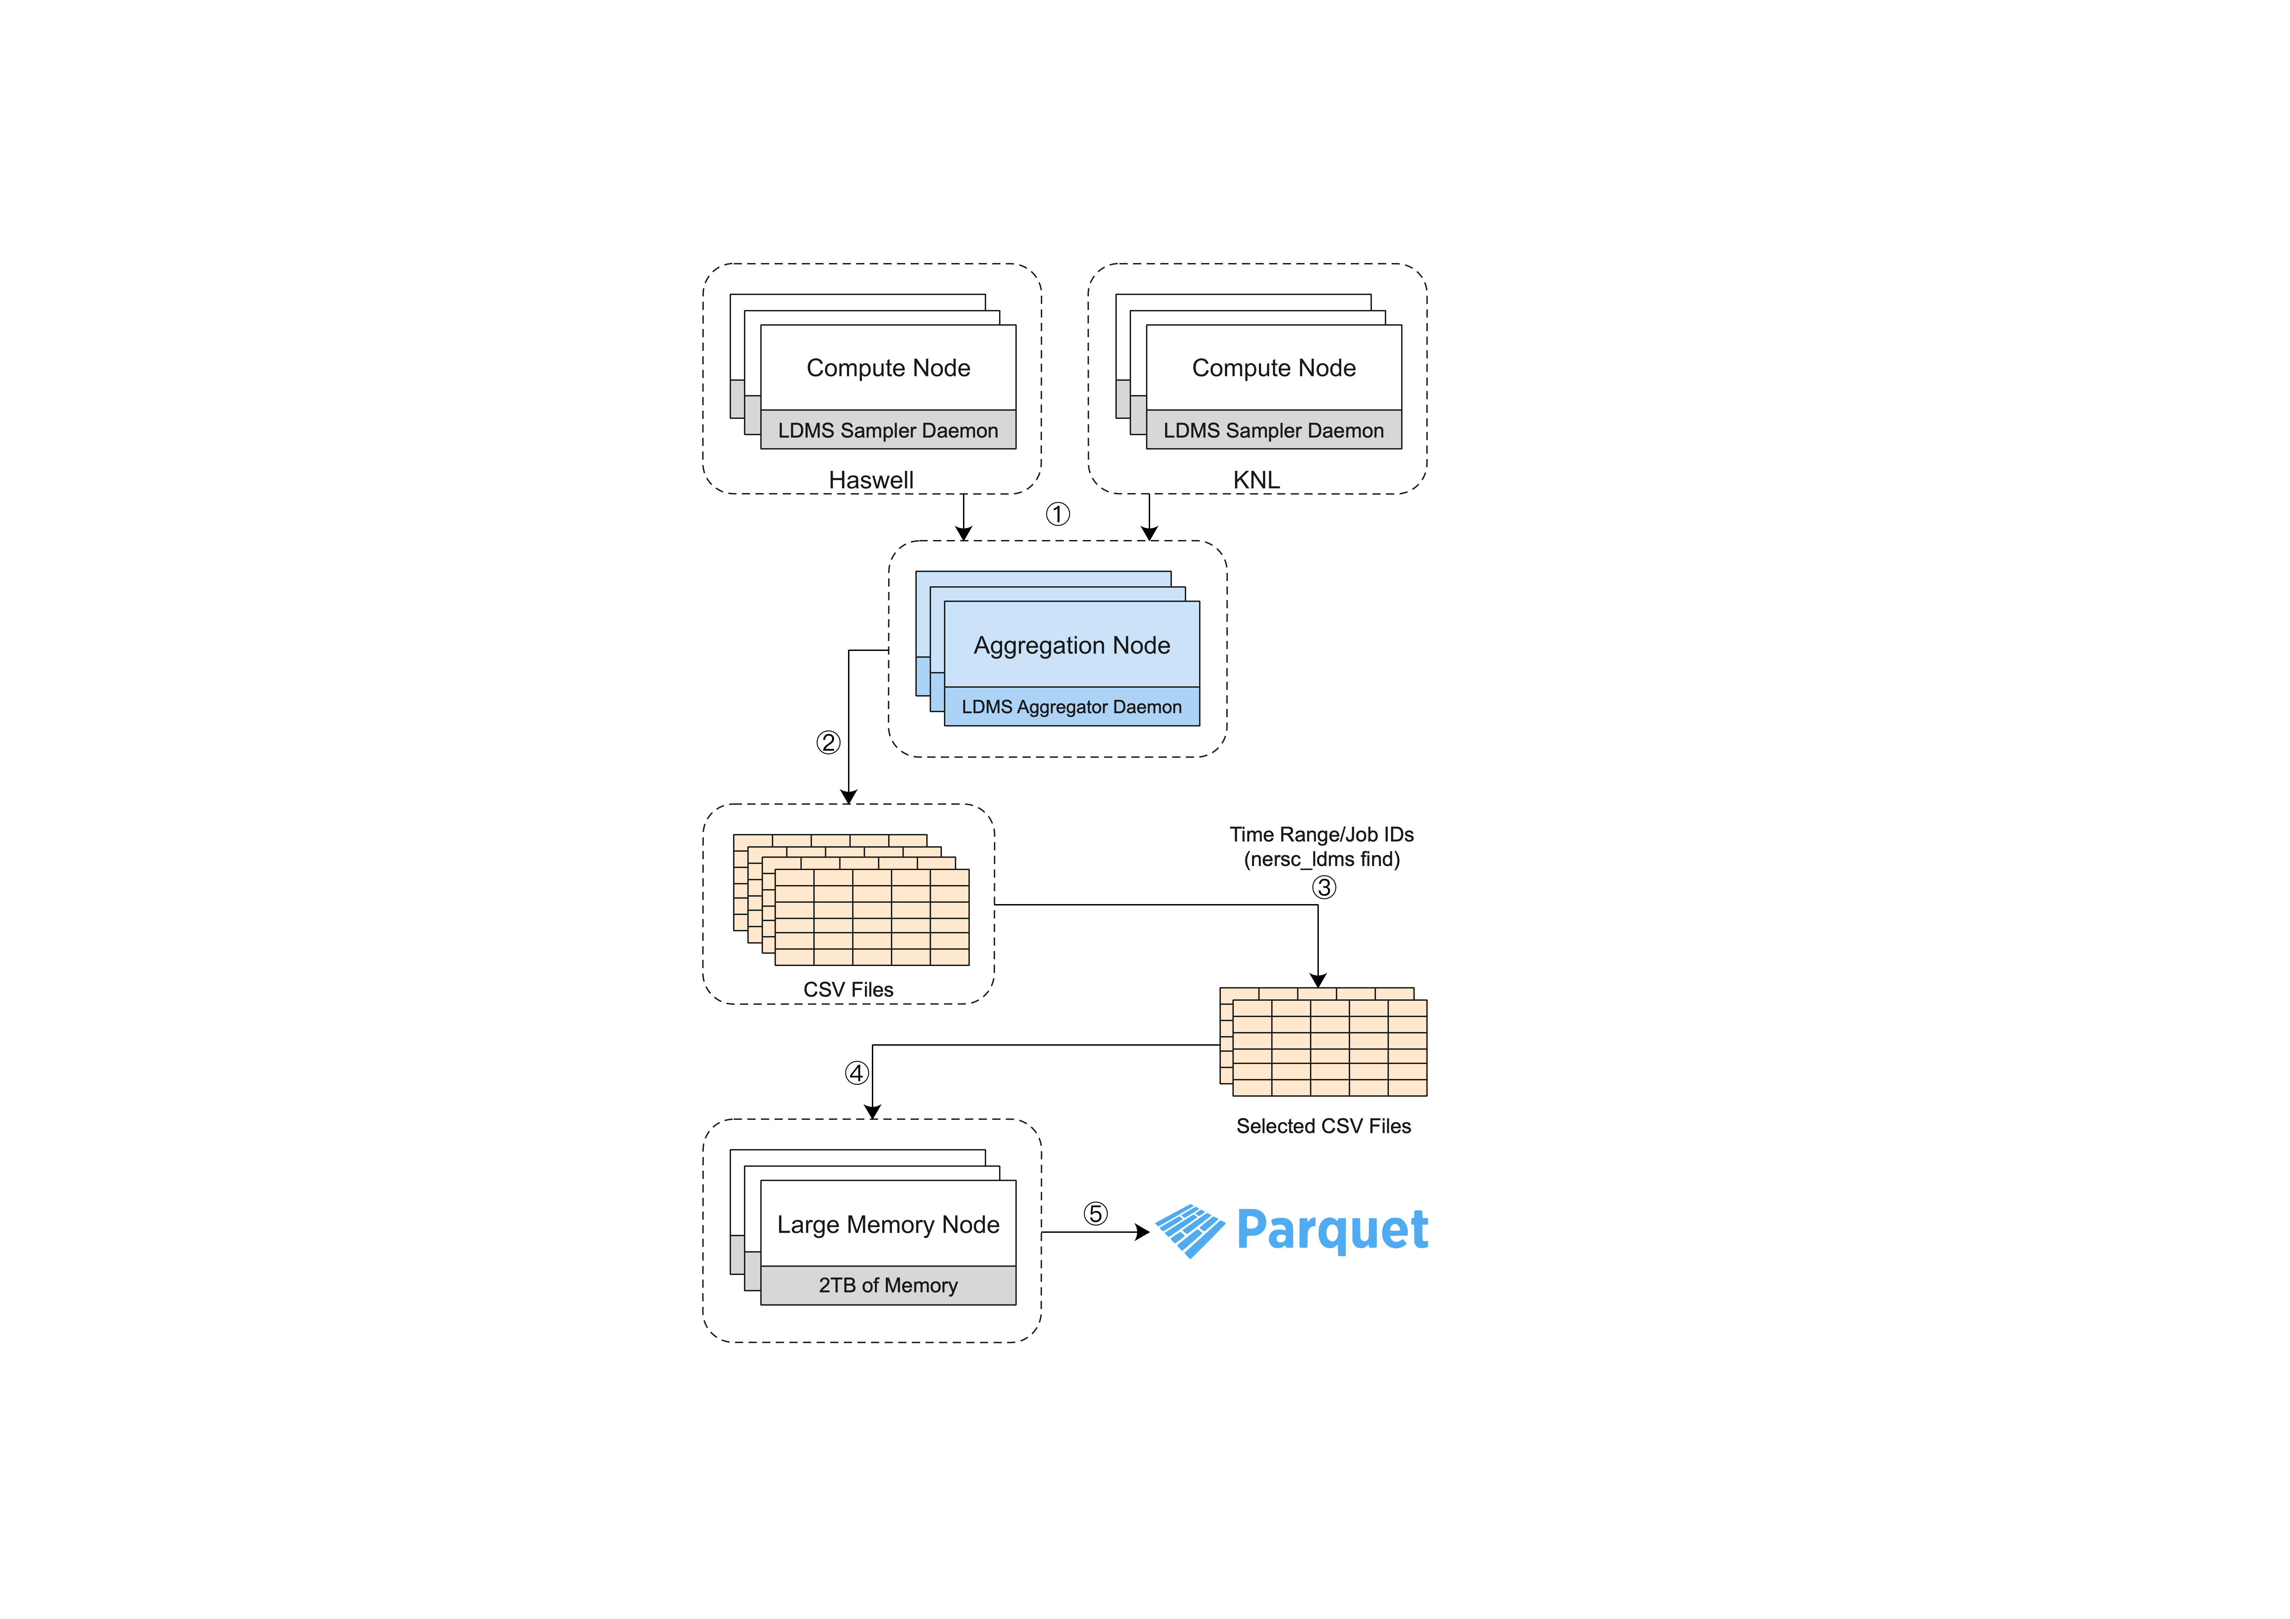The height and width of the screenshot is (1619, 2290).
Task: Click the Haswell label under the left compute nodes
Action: (x=871, y=480)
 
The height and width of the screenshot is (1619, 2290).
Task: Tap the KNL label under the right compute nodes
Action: (x=1256, y=480)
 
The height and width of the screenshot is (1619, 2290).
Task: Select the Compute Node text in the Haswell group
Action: (x=888, y=368)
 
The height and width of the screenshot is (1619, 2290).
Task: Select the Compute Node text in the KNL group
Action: (x=1274, y=368)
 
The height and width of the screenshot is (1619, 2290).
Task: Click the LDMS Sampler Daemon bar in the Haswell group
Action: (x=888, y=430)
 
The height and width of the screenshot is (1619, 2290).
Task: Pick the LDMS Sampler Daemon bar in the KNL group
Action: (x=1274, y=430)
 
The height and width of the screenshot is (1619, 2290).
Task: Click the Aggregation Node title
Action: (x=1071, y=645)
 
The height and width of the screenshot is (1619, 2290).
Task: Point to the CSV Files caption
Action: (x=848, y=990)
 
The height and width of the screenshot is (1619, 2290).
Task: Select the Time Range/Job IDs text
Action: (x=1322, y=834)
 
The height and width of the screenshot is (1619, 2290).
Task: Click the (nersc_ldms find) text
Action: (x=1322, y=859)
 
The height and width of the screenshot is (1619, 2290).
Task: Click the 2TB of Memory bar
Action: (x=888, y=1285)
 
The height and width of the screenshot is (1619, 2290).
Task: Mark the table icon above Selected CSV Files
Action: (x=1324, y=1043)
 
